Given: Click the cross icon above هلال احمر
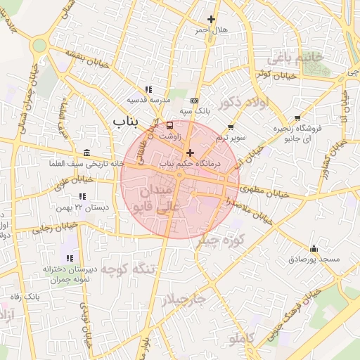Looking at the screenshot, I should (211, 19).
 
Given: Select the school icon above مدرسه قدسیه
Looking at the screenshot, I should (148, 89).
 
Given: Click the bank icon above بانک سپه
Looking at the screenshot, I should (195, 101).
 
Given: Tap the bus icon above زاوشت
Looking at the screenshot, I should (169, 125).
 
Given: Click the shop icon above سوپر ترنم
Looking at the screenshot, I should (231, 127).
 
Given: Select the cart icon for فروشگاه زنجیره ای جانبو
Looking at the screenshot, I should (298, 117).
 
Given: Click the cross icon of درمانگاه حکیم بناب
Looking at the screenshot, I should (189, 153).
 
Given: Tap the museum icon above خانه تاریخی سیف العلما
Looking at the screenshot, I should (86, 153).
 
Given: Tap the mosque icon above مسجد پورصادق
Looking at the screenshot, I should (314, 249).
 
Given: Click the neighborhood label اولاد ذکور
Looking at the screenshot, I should (244, 103).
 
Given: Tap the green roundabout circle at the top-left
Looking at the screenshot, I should (39, 46).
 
